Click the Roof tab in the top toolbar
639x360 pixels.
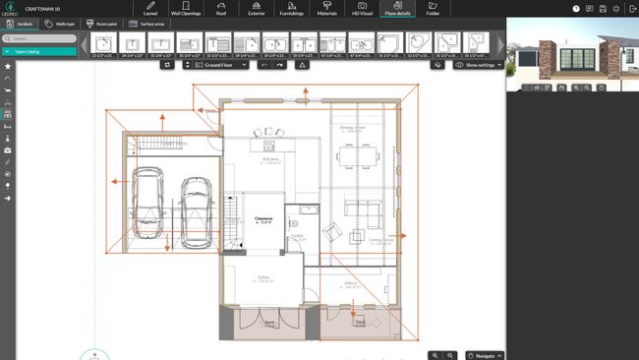point(221,10)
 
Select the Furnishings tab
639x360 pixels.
point(290,10)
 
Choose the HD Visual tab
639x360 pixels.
point(362,10)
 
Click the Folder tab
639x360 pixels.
point(433,10)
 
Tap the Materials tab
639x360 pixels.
point(326,10)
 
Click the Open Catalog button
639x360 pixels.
point(39,50)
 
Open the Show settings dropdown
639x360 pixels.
point(479,65)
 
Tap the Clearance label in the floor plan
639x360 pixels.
point(263,220)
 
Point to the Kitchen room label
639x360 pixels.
point(270,158)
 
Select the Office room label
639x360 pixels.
point(350,283)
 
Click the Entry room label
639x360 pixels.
point(263,278)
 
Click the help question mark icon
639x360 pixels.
point(589,8)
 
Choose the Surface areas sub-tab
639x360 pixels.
point(145,24)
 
